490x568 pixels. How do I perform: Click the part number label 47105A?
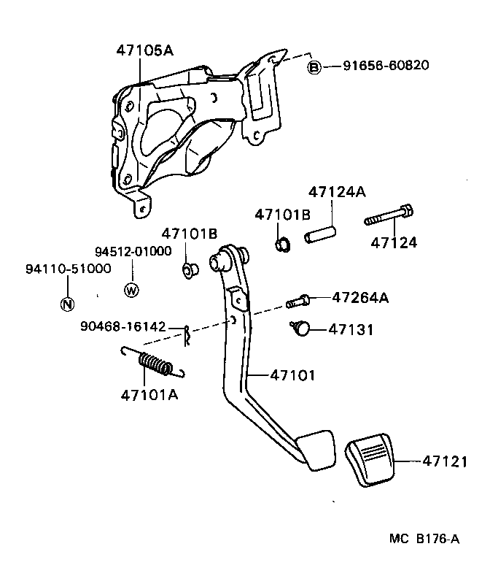point(144,50)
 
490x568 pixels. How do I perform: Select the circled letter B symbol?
point(314,66)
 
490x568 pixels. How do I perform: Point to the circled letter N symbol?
point(66,304)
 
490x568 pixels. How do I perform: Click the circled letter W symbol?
point(131,290)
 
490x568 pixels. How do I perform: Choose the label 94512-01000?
point(131,251)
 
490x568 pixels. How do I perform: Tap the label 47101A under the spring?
point(149,395)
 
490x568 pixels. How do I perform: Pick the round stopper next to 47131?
point(298,329)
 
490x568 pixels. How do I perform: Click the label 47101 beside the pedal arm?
point(292,375)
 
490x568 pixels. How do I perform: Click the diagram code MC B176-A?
point(425,539)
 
